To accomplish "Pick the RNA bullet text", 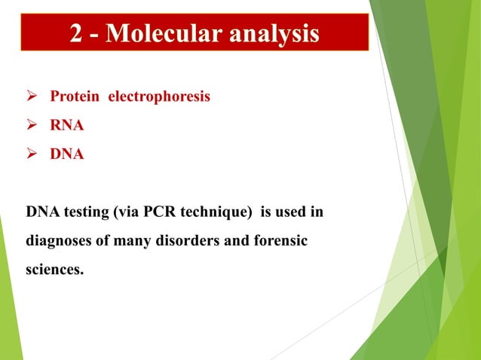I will coord(67,126).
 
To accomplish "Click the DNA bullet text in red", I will coord(67,154).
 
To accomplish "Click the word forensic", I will coord(284,242).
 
